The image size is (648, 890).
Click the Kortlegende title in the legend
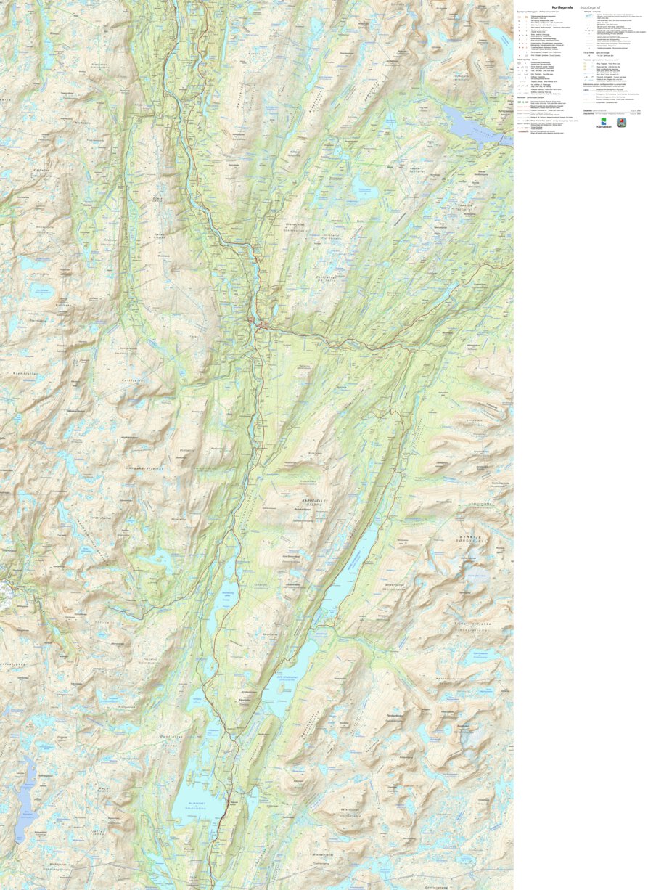point(563,7)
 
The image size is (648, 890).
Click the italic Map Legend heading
point(591,7)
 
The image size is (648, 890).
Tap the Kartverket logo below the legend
point(604,123)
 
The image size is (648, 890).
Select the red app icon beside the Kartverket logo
point(622,123)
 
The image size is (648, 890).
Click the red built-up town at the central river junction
point(254,320)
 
